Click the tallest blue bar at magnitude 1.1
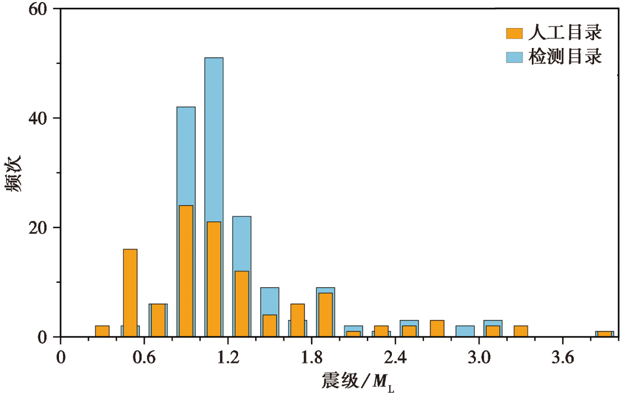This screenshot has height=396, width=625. coord(214,138)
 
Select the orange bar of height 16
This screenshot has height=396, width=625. coord(130,293)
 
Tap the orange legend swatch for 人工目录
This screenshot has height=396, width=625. coord(514,33)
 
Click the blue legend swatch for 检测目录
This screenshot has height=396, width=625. coord(514,56)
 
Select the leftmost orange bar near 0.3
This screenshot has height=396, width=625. coord(102,331)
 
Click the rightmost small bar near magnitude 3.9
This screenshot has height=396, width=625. coord(605,334)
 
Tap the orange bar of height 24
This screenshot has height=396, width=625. coord(186,271)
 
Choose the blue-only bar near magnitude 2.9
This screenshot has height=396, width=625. coord(465,331)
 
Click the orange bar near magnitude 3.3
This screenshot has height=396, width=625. coord(521,331)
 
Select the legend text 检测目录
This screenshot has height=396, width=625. coord(565,56)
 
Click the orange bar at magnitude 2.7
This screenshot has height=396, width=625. coord(437,329)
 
